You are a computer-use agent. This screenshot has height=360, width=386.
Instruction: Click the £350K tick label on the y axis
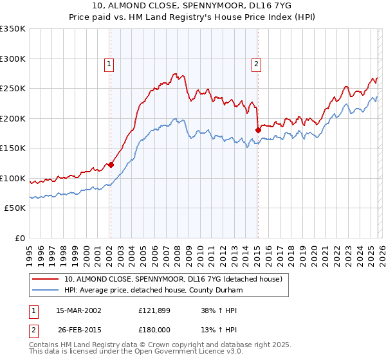[13, 29]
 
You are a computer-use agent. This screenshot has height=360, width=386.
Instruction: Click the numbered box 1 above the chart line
[110, 64]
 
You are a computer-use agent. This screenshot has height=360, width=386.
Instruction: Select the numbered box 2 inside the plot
[257, 64]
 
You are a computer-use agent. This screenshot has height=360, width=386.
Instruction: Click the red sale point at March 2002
[111, 165]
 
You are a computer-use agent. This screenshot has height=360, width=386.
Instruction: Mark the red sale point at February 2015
[257, 130]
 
